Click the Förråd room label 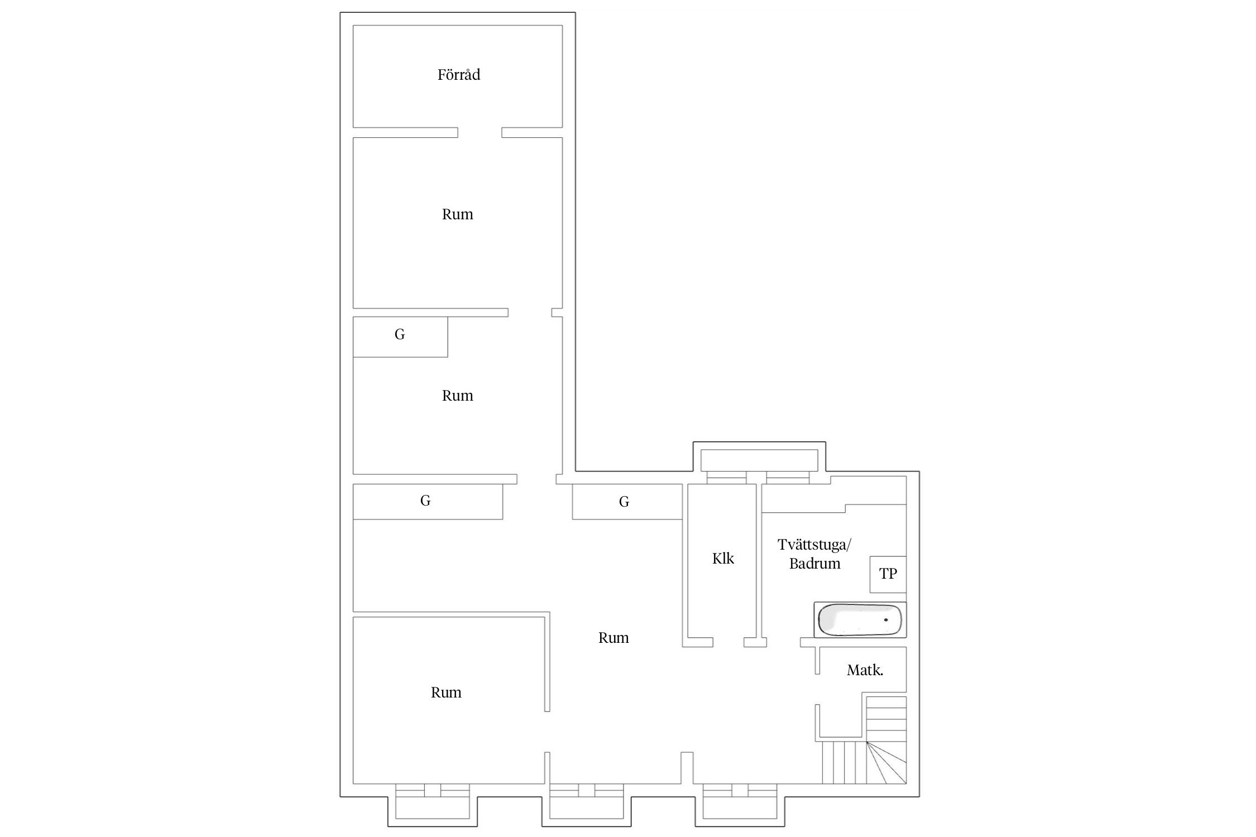[458, 75]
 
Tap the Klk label [723, 559]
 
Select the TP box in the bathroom [888, 574]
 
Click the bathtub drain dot [886, 620]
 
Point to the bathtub [860, 620]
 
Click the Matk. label [865, 671]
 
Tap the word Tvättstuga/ [814, 545]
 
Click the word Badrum [814, 564]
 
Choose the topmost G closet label [400, 335]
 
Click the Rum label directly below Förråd [457, 215]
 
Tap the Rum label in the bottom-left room [446, 693]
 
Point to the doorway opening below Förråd [480, 132]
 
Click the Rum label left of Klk [613, 638]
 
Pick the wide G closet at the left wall [428, 502]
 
